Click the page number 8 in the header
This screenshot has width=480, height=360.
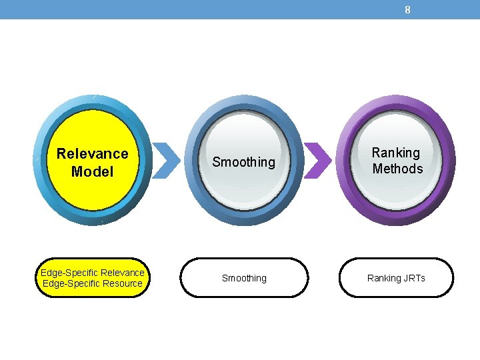click(407, 9)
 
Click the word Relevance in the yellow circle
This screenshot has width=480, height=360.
click(93, 153)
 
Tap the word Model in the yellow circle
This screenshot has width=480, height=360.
click(93, 171)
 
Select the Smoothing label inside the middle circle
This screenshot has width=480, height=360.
click(243, 162)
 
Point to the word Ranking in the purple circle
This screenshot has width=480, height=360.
click(396, 153)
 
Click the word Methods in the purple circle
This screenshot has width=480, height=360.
click(397, 169)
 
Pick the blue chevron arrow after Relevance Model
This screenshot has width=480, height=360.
click(167, 161)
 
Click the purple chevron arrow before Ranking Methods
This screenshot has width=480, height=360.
click(318, 161)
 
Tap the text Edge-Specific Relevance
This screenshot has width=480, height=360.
click(93, 273)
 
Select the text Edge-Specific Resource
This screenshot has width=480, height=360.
click(93, 283)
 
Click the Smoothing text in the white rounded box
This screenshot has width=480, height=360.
click(244, 278)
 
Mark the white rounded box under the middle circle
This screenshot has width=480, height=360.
click(200, 278)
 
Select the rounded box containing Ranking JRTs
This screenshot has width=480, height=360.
click(353, 278)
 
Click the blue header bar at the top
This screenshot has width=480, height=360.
click(200, 9)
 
